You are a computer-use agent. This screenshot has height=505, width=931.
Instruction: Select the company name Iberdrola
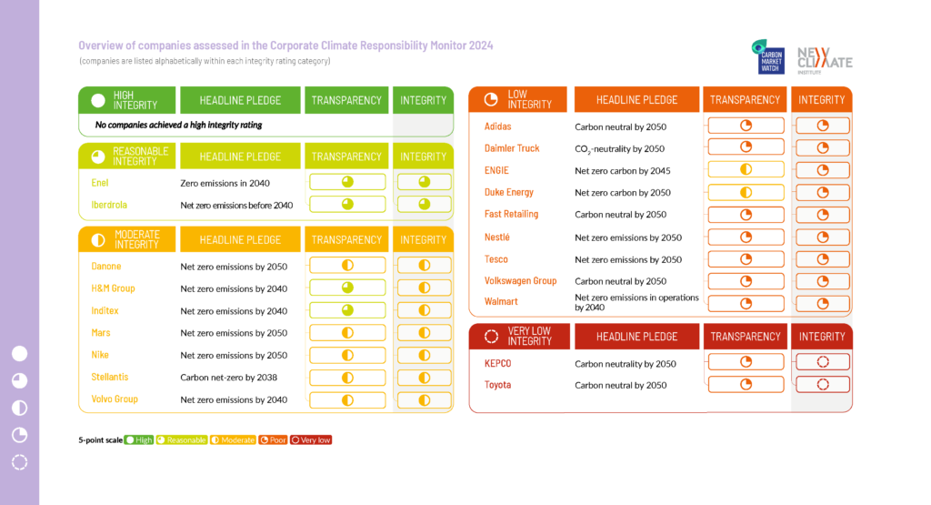[x=109, y=205]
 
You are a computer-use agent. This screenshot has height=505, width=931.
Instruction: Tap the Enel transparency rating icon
[x=347, y=182]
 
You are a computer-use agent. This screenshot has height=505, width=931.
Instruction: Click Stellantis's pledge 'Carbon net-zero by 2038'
[x=228, y=378]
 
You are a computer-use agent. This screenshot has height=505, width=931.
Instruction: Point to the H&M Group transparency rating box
[x=347, y=288]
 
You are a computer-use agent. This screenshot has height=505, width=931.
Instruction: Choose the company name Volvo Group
[x=115, y=399]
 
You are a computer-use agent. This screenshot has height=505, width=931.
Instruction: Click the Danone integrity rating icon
[x=424, y=266]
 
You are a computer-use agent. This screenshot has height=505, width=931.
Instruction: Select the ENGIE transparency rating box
[x=746, y=169]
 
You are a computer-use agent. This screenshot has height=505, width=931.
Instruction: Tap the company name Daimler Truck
[x=512, y=148]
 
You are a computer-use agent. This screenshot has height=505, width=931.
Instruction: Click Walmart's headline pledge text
[x=636, y=303]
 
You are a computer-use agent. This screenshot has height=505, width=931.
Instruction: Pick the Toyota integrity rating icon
[x=823, y=384]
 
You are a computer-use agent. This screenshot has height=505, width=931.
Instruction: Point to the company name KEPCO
[x=498, y=363]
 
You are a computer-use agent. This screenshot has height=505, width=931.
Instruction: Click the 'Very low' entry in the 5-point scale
[x=311, y=440]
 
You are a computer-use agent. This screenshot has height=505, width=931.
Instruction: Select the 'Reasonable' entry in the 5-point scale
[x=181, y=440]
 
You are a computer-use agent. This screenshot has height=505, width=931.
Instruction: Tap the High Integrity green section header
[x=126, y=100]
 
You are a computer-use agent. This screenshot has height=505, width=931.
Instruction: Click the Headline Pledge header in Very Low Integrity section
[x=636, y=337]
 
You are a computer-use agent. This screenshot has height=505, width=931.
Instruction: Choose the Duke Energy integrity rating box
[x=823, y=192]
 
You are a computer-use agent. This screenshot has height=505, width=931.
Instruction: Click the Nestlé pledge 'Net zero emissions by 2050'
[x=628, y=237]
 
